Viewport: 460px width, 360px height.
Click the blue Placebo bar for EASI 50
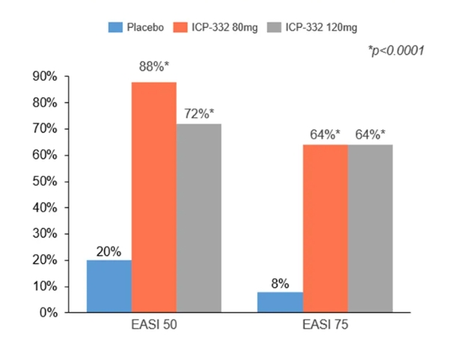(x=109, y=286)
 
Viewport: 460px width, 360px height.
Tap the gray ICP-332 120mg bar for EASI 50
(x=199, y=218)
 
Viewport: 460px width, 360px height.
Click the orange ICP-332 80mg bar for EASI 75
(x=325, y=228)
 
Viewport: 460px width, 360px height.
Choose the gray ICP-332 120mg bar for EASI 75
(x=370, y=228)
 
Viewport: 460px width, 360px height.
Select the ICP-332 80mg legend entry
(x=219, y=28)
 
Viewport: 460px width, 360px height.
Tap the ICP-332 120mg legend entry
(x=314, y=28)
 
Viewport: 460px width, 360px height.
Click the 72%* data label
(x=199, y=114)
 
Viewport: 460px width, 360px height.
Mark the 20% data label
(x=109, y=251)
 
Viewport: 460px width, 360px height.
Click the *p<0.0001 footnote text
(x=396, y=51)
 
